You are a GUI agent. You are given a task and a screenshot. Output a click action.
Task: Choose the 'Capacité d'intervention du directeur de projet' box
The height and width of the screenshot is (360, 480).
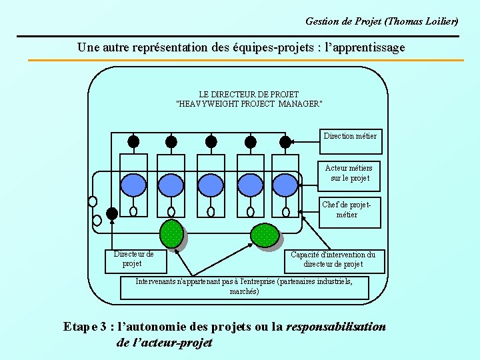333,260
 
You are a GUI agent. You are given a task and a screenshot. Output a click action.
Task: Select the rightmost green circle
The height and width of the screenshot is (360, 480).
265,235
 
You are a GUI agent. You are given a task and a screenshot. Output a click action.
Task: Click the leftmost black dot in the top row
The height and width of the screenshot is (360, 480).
133,141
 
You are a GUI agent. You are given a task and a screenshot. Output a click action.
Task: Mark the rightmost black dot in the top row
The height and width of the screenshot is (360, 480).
285,141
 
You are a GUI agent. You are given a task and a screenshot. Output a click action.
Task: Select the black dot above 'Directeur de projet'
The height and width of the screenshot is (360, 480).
112,213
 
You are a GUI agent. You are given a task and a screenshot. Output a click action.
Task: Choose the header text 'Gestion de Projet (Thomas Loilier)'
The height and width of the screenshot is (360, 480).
382,21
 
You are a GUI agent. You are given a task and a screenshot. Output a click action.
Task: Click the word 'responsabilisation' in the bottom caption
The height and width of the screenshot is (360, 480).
335,327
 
